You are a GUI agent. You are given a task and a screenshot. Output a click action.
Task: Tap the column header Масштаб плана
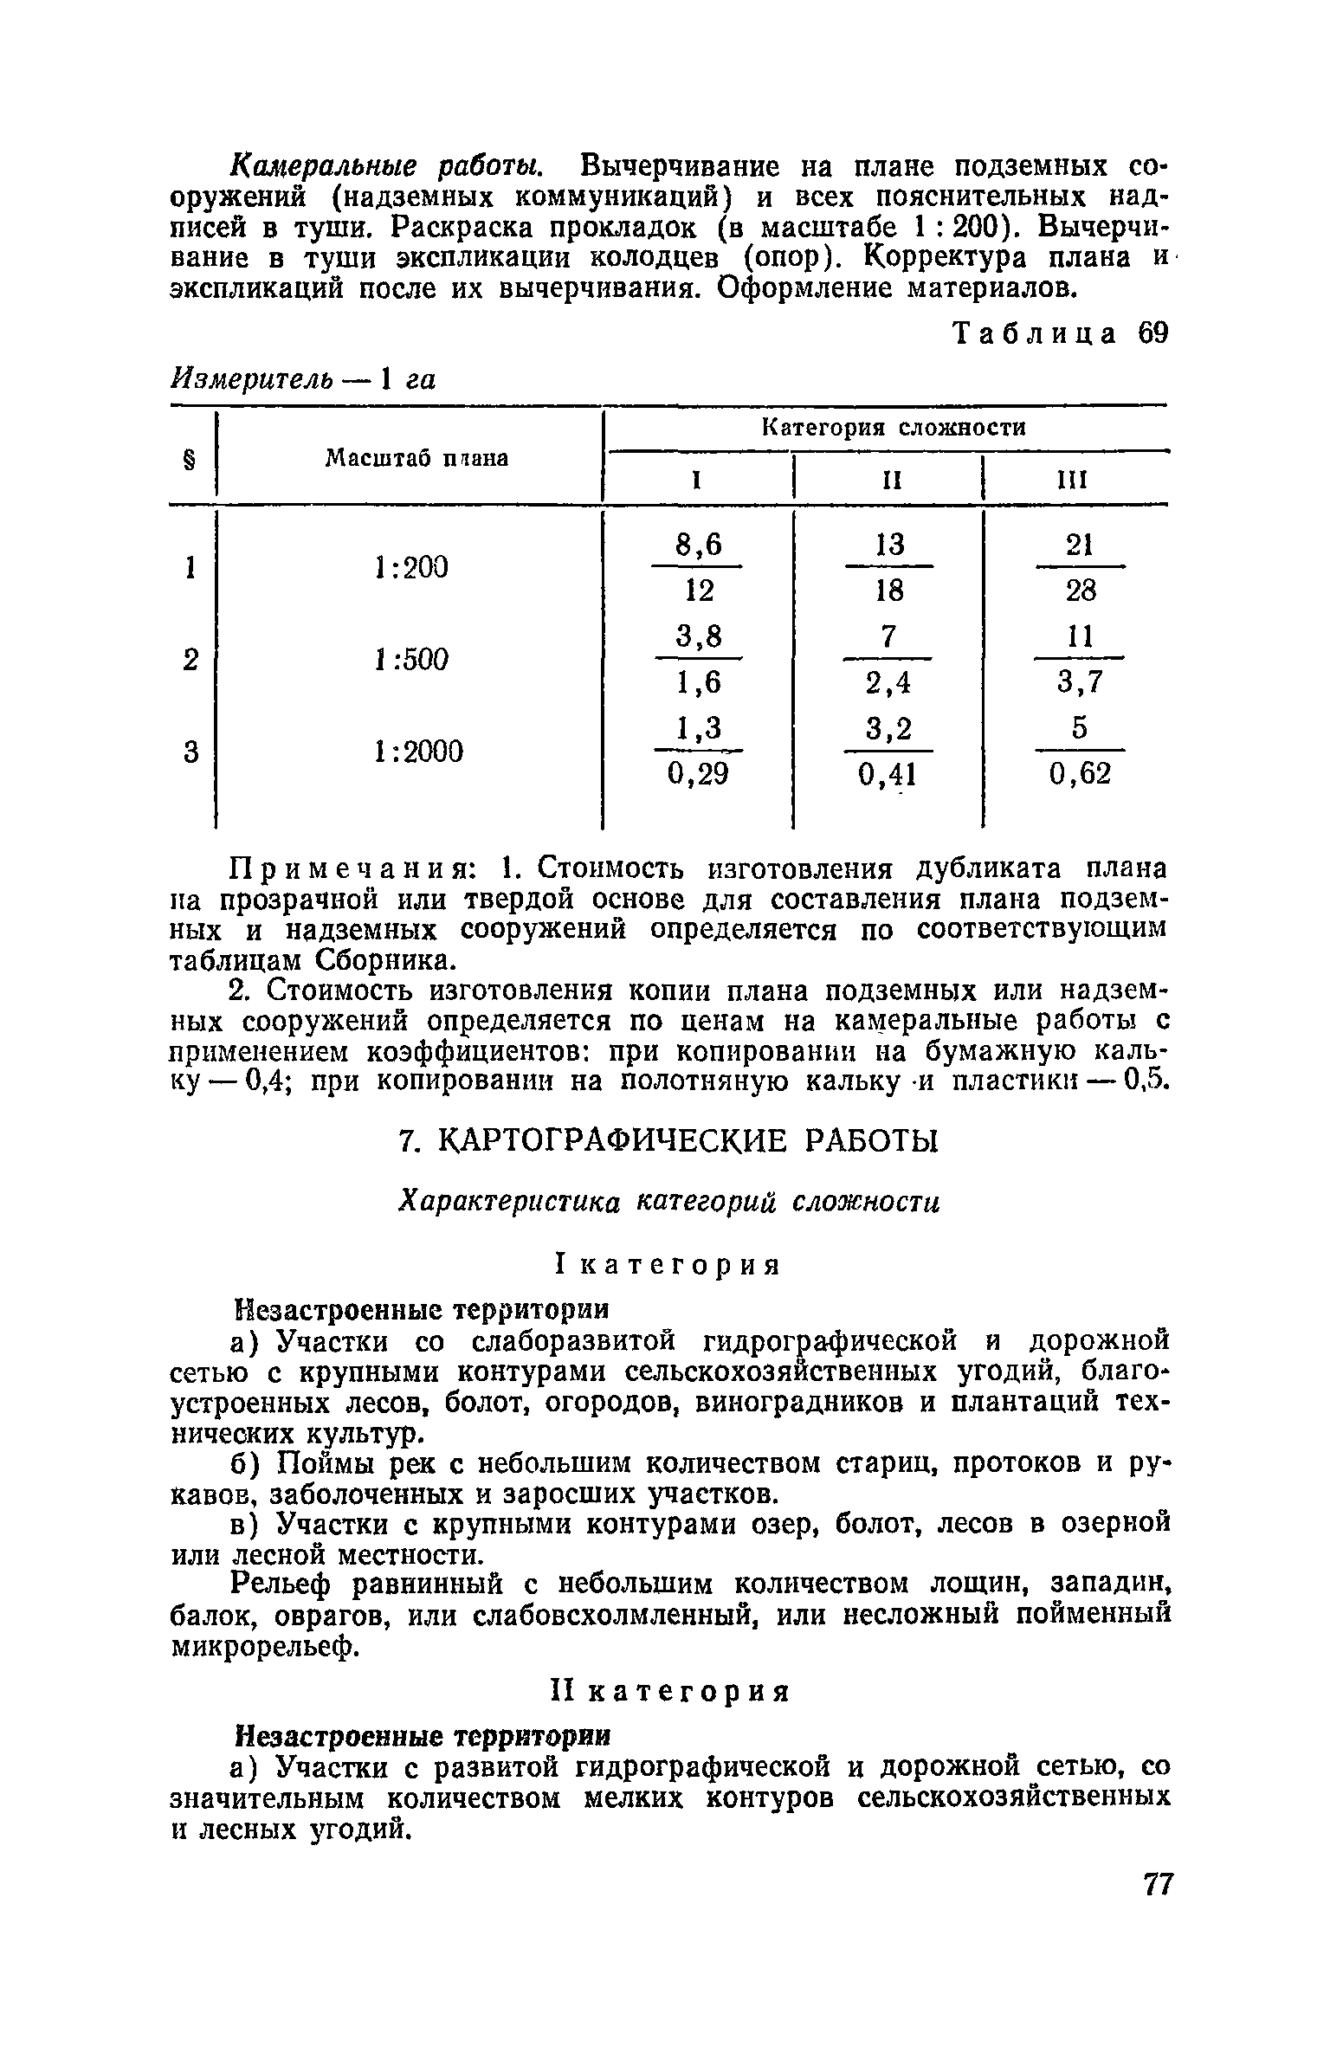[416, 458]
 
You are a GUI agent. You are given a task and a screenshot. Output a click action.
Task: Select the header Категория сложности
[893, 427]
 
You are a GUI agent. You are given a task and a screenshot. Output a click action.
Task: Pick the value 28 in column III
[1080, 591]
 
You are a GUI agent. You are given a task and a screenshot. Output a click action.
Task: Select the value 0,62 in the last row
[1080, 773]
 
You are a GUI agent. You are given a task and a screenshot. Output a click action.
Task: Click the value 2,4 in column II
[888, 683]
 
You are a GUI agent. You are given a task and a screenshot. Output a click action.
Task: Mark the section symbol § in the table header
[190, 458]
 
